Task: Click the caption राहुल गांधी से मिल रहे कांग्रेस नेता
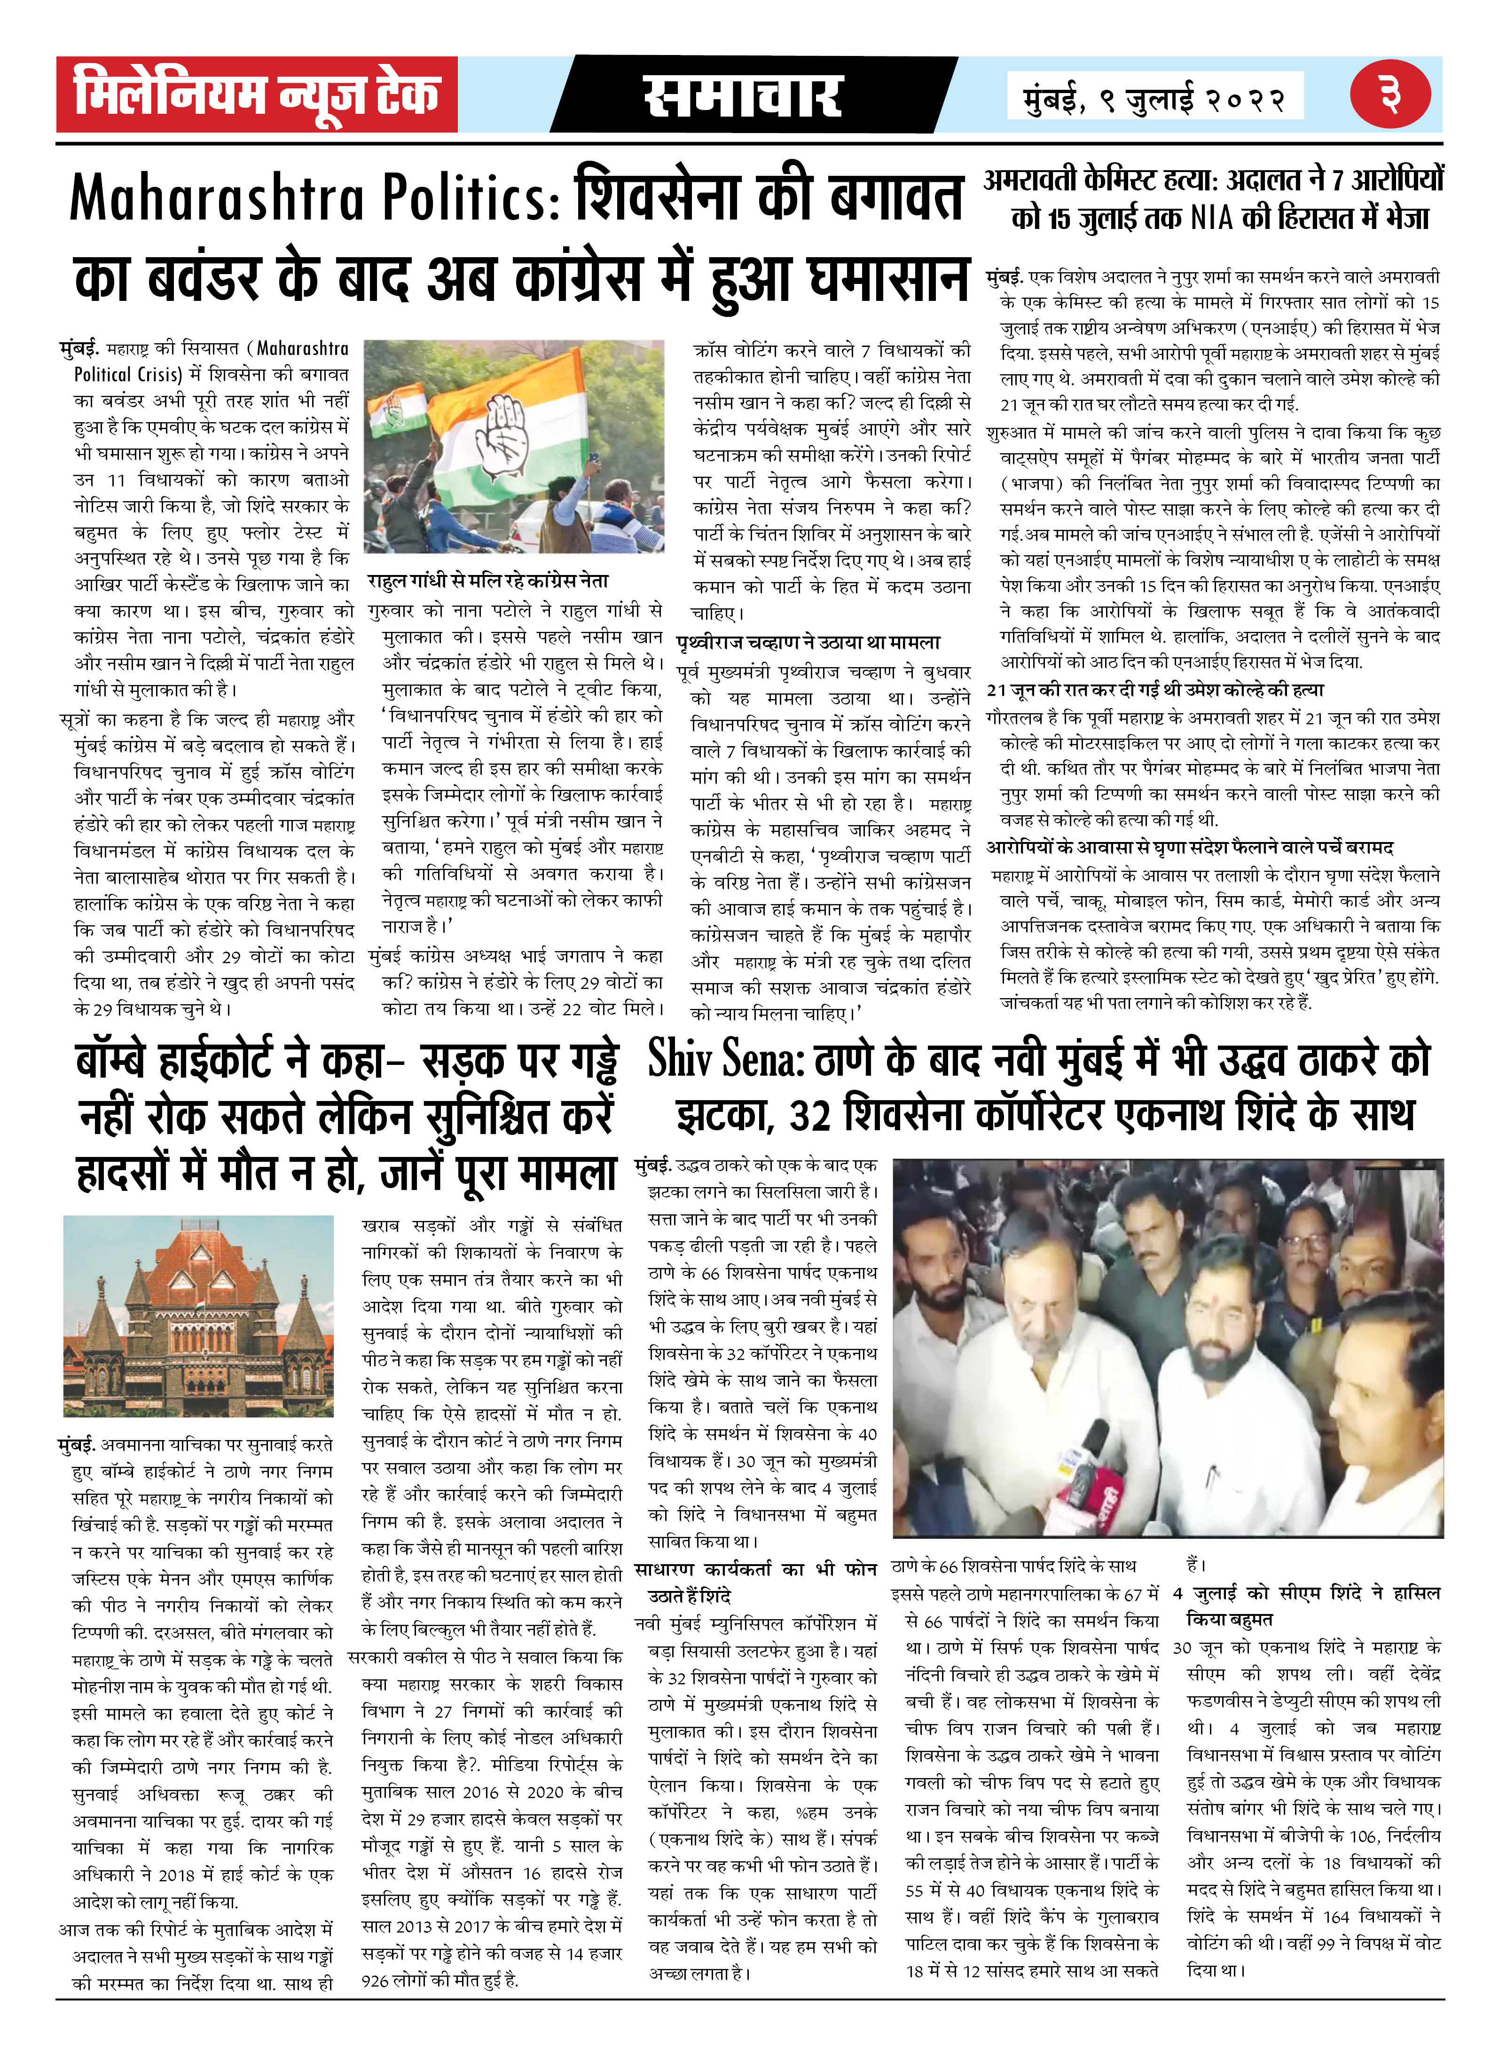tap(487, 581)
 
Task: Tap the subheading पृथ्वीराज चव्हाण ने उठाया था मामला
tap(808, 643)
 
